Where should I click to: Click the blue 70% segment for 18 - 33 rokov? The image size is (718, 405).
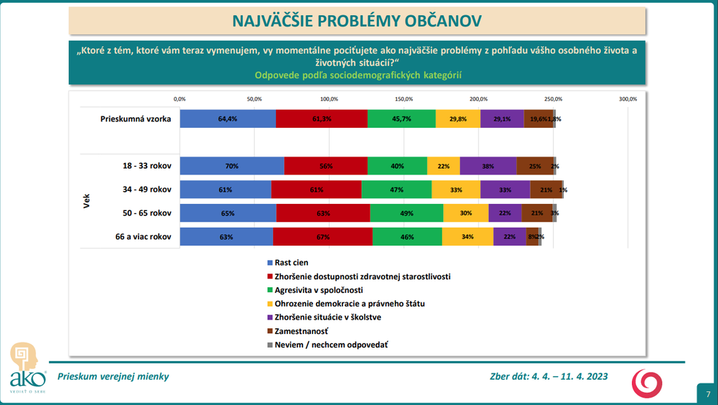[232, 166]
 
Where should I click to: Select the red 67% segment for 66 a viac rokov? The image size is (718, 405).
[322, 237]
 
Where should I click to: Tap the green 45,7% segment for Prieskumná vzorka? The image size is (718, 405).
[401, 119]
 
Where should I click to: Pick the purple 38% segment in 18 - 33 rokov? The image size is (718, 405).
[488, 166]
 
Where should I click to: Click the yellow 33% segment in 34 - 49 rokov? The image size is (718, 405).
[456, 190]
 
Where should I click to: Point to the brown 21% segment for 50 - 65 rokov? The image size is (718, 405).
[537, 213]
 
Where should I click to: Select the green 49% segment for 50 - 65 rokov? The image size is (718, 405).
[406, 213]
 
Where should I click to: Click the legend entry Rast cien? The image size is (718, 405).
[292, 263]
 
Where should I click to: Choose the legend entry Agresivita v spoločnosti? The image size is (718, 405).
[319, 290]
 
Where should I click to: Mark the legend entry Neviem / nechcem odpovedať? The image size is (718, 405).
[327, 345]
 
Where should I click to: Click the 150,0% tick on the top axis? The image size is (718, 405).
[404, 99]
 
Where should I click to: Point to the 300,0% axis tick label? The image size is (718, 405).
[628, 99]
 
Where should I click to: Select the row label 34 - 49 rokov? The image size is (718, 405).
[147, 190]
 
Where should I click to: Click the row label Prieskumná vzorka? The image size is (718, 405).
[135, 119]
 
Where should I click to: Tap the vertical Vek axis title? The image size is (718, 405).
[87, 201]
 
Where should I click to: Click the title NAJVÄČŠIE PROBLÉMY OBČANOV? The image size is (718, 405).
[357, 21]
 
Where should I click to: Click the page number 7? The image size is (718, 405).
[707, 394]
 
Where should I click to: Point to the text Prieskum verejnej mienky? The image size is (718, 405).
[113, 376]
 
